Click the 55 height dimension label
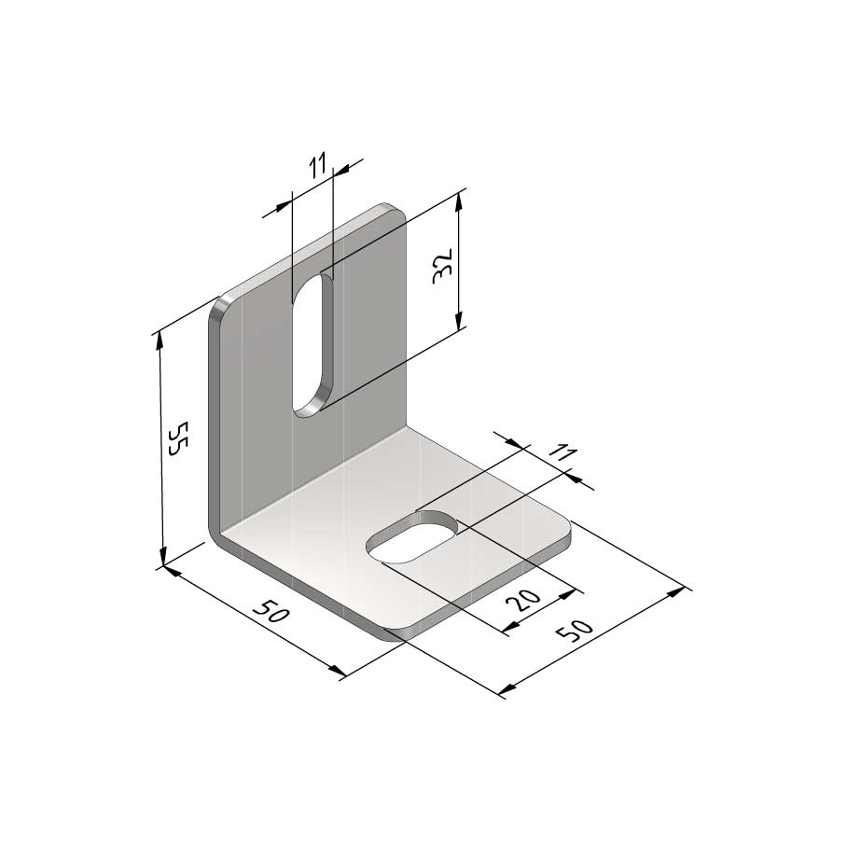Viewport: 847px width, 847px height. (x=176, y=438)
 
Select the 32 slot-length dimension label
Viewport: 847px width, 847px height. (x=444, y=266)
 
